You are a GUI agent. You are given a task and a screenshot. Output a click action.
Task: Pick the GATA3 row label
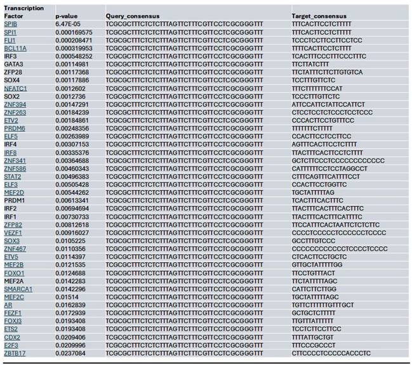click(13, 64)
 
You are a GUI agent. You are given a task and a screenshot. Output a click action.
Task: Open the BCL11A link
click(15, 48)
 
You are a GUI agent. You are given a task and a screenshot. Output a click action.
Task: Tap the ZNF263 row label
click(15, 113)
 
